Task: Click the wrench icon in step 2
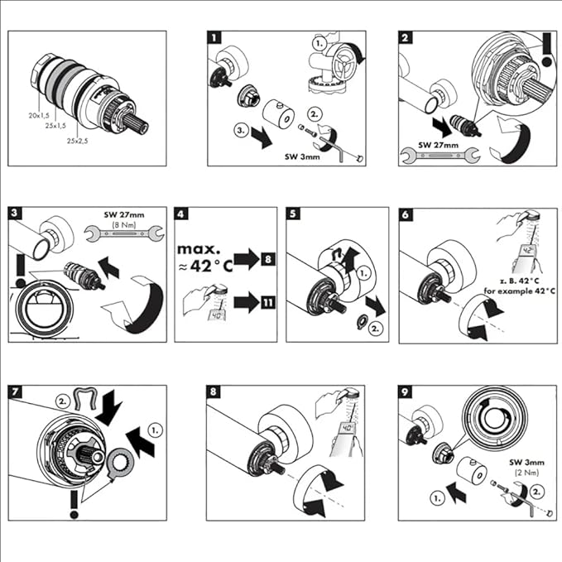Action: pyautogui.click(x=432, y=154)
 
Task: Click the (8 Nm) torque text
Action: pyautogui.click(x=126, y=224)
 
